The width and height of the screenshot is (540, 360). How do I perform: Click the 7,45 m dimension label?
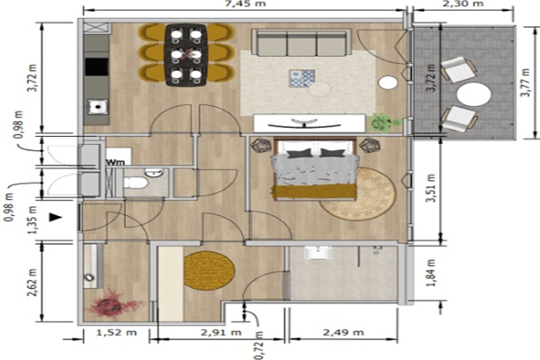coord(244,4)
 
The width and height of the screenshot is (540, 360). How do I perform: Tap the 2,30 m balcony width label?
coord(463,4)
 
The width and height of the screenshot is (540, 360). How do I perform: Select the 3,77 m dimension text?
coord(526,83)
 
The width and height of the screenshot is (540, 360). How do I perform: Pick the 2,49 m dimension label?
coord(344,332)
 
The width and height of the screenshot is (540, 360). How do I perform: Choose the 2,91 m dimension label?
coord(221,332)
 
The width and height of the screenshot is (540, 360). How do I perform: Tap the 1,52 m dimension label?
coord(116,332)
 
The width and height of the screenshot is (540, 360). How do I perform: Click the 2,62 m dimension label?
coord(32,283)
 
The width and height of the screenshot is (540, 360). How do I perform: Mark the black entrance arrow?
coord(56,218)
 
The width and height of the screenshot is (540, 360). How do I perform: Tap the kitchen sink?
coord(98,107)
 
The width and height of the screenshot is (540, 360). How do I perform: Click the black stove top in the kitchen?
coord(97,67)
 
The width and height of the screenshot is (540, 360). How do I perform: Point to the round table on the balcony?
coord(474,94)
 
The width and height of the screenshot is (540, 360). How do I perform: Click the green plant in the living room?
coord(384,122)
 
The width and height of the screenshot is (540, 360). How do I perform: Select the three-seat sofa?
coord(301,42)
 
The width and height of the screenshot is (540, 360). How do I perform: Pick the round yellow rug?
coord(209,270)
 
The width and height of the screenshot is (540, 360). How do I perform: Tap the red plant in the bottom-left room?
coord(113,303)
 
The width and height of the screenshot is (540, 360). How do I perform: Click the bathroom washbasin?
coord(318,253)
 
